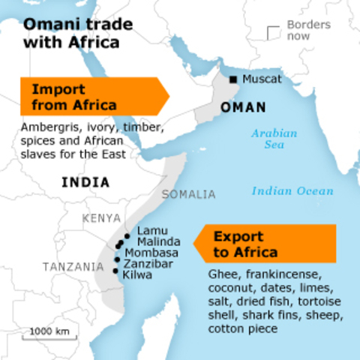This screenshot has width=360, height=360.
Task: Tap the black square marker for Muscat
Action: [233, 79]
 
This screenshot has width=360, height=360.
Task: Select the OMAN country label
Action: [243, 109]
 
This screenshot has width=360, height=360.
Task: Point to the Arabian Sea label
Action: [274, 139]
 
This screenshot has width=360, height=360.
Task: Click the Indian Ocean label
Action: [292, 190]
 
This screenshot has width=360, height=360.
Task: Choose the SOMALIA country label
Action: [188, 194]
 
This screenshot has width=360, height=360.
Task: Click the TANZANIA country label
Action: [73, 266]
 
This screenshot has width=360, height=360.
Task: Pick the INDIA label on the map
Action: [85, 182]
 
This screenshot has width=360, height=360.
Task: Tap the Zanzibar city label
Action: [149, 264]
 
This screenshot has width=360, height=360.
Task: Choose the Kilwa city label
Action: [138, 275]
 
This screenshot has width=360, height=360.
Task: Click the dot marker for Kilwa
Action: [115, 271]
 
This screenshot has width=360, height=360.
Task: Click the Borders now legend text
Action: [308, 30]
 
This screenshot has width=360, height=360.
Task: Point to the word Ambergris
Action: [47, 127]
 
